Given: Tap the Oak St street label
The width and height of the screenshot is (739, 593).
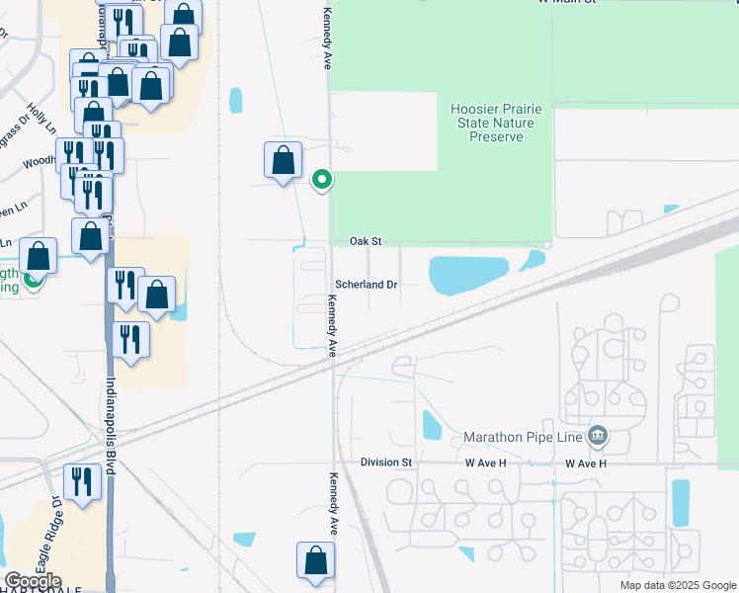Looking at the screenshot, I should click(366, 241).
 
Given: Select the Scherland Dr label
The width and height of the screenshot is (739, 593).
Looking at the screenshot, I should click(366, 285).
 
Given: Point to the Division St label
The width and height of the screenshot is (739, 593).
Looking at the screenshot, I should click(385, 463).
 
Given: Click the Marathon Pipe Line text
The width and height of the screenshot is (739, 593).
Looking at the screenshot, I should click(524, 437).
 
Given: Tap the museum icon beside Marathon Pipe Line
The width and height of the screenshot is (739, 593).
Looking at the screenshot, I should click(597, 436).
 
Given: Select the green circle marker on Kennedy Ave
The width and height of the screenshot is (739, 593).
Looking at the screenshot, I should click(321, 180).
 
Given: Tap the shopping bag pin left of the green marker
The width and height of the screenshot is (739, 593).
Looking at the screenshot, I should click(283, 161).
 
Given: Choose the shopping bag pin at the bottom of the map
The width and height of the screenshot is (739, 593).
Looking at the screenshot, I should click(316, 559).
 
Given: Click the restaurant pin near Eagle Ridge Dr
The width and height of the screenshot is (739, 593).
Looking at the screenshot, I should click(82, 482).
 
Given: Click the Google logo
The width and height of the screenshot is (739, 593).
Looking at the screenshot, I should click(33, 581).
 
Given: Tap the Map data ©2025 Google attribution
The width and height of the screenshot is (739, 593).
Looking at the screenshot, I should click(677, 585).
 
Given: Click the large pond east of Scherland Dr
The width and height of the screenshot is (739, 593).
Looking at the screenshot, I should click(468, 274).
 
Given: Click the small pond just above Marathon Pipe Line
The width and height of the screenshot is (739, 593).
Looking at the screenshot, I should click(432, 425).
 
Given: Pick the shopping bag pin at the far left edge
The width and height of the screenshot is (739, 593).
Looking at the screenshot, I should click(38, 257).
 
